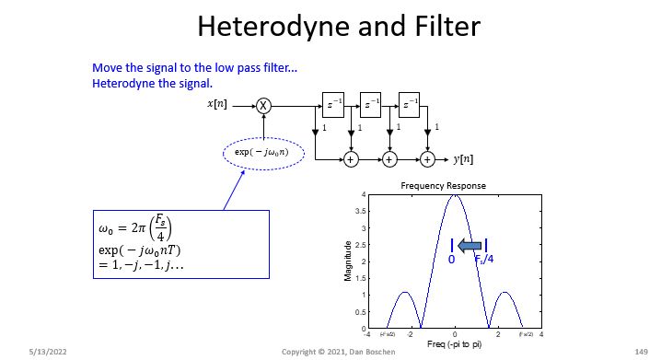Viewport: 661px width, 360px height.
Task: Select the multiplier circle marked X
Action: [264, 105]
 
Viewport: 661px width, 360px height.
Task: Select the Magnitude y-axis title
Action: [348, 261]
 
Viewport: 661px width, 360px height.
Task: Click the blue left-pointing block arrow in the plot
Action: [470, 245]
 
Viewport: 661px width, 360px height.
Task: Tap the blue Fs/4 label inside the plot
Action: [485, 261]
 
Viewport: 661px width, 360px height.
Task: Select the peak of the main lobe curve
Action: [455, 195]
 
